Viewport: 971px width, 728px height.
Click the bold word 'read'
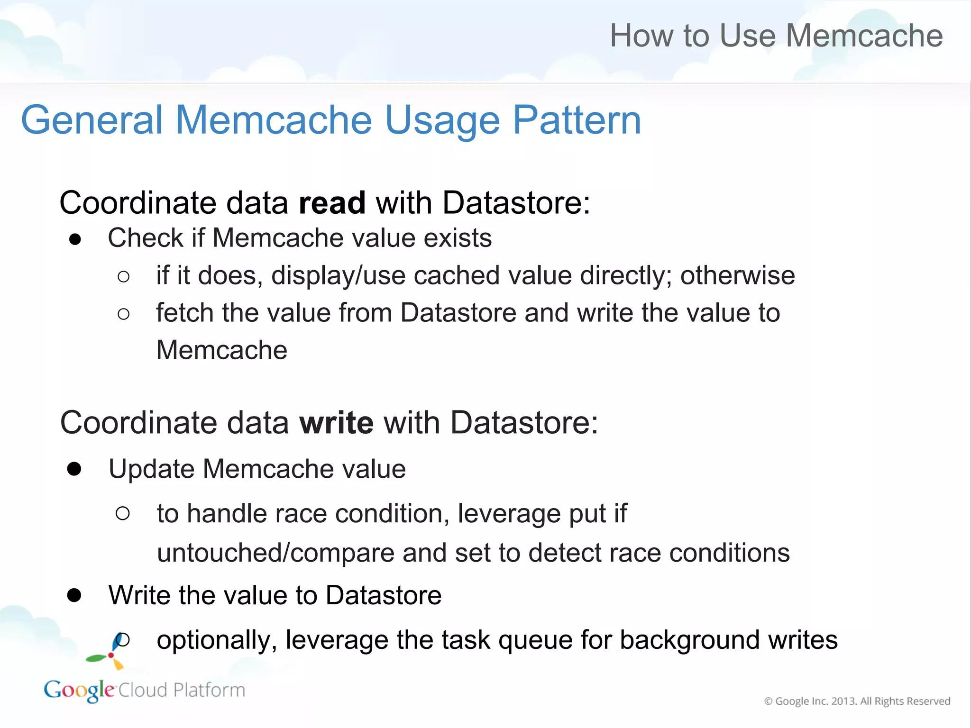332,203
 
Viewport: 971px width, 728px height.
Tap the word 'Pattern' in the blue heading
577,120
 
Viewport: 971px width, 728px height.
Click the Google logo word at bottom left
79,690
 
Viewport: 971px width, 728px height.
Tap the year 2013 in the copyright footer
844,701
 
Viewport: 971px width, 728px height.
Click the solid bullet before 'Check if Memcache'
75,239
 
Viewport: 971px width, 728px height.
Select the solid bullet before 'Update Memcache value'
74,469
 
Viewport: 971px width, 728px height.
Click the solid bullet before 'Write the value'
74,595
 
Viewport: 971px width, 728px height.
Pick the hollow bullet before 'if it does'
123,277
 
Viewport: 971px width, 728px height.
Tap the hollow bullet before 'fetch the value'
123,314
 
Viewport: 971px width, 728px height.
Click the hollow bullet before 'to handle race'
123,513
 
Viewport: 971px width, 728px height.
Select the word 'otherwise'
737,275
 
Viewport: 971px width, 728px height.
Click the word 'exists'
458,238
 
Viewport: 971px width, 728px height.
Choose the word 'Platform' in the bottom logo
209,690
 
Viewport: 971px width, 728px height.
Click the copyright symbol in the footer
768,701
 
